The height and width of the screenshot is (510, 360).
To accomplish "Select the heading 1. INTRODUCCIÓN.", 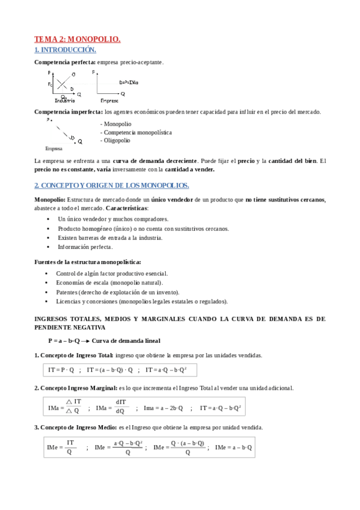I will (x=65, y=50).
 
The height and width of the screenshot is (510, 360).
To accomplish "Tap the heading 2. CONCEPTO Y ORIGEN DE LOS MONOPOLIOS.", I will (x=111, y=185).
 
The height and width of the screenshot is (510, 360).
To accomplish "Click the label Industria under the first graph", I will (x=64, y=100).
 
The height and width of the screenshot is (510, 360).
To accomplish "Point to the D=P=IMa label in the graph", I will (x=129, y=82).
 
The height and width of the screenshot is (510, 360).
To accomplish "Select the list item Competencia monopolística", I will (x=136, y=132).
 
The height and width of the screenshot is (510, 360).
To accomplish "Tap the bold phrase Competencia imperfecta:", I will (x=68, y=112).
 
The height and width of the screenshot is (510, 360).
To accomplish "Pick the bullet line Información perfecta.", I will (x=85, y=247).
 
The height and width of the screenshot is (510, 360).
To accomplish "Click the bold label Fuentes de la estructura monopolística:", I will (x=88, y=262).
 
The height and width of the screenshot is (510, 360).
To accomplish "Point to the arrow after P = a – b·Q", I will (x=85, y=340).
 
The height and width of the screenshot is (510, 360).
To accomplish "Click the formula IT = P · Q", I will (x=61, y=370).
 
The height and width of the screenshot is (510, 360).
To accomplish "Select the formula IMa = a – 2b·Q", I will (x=163, y=408).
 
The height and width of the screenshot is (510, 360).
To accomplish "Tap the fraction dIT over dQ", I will (x=120, y=407).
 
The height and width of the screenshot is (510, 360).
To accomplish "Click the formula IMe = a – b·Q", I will (x=233, y=447).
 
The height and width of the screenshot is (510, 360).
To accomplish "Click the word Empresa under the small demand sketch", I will (x=53, y=148).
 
